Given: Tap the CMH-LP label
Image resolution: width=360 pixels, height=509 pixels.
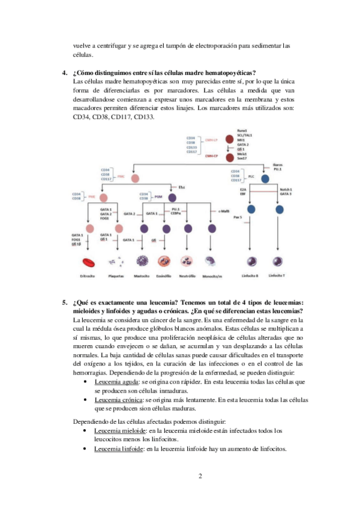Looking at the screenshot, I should (x=210, y=139).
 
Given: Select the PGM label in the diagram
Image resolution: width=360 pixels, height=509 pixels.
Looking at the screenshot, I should (x=158, y=197).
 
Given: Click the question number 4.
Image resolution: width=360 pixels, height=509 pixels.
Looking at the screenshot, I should (x=64, y=73).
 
